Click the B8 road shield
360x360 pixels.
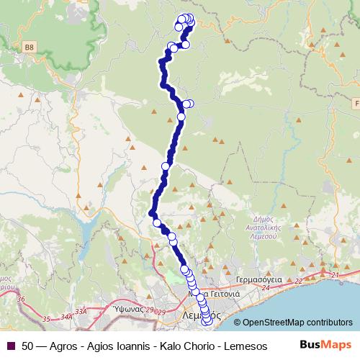30,48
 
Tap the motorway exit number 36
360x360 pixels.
21,299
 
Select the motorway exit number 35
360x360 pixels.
48,317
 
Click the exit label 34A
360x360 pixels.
67,315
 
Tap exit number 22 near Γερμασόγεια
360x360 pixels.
298,281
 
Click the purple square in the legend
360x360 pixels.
11,346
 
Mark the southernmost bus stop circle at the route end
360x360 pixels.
209,322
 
